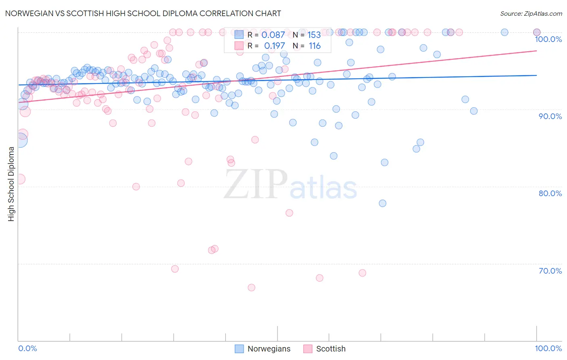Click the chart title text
[143, 13]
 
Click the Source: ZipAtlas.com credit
[531, 14]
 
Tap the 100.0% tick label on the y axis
[548, 39]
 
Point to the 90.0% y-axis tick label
[550, 116]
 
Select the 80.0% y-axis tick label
[550, 193]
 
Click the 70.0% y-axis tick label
[550, 270]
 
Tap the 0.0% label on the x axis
[27, 348]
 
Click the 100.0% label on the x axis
[548, 348]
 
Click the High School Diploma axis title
[11, 184]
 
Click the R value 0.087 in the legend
[273, 35]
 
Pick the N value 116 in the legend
[315, 46]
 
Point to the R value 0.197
[274, 46]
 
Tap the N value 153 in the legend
[314, 35]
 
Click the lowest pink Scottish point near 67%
[252, 287]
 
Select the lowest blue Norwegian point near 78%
[383, 203]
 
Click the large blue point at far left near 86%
[21, 140]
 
